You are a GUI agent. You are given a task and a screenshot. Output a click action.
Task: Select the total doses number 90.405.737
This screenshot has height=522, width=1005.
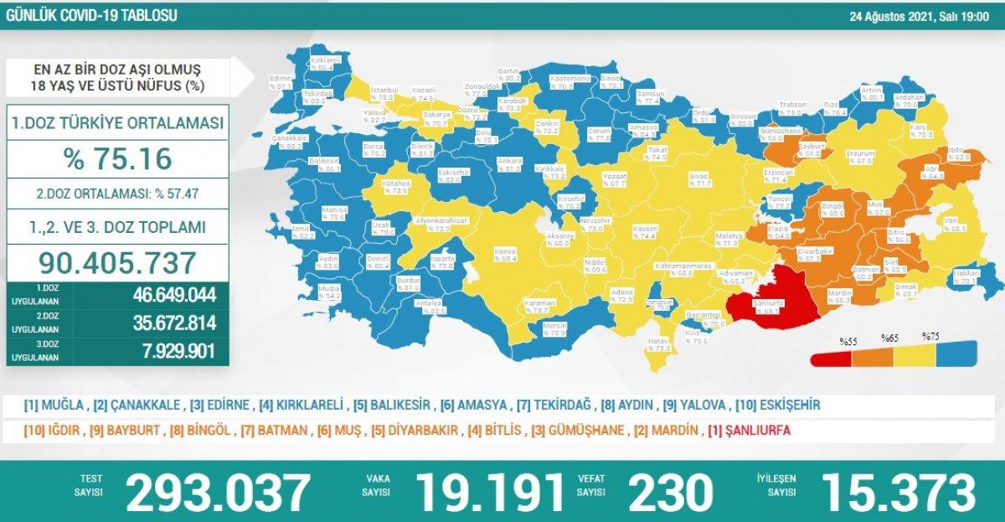tap(118, 262)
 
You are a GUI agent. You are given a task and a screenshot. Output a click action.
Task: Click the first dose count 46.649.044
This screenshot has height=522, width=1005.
tap(174, 295)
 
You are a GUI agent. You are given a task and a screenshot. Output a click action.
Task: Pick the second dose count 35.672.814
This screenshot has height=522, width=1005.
tap(174, 323)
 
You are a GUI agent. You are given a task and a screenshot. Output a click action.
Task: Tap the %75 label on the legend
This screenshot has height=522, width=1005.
tap(930, 336)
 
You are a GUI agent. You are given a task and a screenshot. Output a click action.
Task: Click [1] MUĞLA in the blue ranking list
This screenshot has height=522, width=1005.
tap(55, 406)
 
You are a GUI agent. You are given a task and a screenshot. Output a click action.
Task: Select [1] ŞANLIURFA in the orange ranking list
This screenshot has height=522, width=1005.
tap(749, 431)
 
